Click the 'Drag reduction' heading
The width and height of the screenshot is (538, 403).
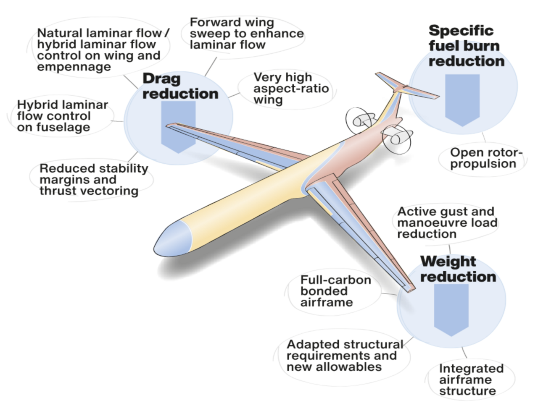[180, 86]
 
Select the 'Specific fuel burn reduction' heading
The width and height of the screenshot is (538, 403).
[466, 46]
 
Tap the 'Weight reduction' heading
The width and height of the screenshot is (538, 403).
[458, 269]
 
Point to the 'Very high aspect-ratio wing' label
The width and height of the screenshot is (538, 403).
[290, 89]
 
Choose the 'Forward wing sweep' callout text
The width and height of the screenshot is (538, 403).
[246, 33]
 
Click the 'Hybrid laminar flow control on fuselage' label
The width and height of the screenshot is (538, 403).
[62, 116]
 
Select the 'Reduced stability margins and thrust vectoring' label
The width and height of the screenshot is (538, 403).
[93, 180]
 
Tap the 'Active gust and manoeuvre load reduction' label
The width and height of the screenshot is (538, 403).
[447, 222]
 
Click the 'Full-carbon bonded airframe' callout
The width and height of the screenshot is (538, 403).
[335, 291]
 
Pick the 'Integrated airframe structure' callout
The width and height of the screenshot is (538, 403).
[471, 379]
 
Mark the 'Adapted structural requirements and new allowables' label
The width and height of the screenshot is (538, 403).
[344, 356]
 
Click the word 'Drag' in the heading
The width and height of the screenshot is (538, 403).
[161, 79]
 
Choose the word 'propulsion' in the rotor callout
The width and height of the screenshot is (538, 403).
[483, 164]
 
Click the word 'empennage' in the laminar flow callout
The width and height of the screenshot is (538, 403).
[74, 67]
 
